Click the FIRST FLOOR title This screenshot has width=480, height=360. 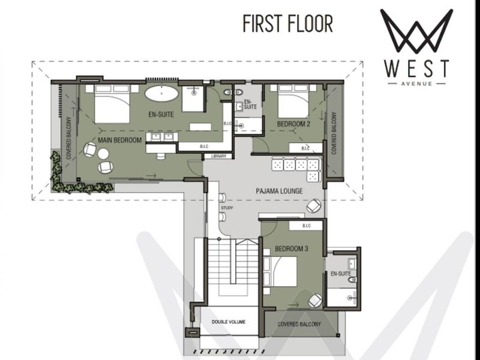288,23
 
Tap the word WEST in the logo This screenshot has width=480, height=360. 416,69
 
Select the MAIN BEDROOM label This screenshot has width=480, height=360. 119,140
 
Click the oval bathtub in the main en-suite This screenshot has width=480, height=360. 161,93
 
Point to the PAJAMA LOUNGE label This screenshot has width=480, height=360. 279,191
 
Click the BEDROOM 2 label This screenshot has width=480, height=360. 293,124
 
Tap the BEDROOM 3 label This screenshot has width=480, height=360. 292,249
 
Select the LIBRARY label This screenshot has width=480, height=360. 218,157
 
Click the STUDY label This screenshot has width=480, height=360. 227,208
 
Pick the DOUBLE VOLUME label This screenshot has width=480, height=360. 229,322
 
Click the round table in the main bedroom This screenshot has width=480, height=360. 103,154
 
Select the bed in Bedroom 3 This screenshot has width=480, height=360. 280,271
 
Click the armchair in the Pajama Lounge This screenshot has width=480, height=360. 314,205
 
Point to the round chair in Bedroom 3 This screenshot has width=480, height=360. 316,301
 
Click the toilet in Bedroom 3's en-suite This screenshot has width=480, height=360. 353,279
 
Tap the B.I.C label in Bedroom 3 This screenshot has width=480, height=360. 307,226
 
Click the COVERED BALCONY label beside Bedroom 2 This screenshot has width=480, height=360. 334,133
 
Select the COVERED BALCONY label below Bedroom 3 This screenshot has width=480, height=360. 299,324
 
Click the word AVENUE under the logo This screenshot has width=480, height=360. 416,83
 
